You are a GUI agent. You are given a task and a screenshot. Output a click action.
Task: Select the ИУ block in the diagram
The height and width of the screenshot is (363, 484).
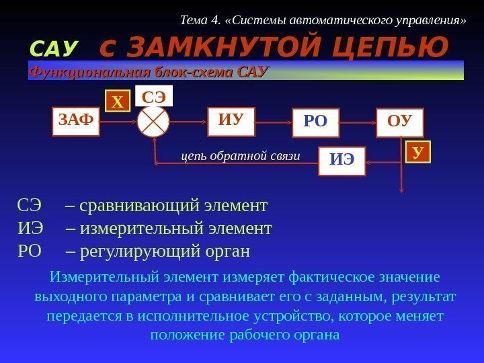pos(229,121)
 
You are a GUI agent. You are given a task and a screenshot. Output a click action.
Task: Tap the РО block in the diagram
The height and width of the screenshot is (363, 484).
pos(315,122)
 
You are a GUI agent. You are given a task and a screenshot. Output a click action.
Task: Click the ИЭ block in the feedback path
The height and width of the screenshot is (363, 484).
pos(341,161)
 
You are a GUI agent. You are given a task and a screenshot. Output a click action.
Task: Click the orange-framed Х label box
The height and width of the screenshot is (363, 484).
pos(118,102)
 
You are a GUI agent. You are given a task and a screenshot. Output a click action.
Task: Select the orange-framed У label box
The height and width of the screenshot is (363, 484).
pos(417,153)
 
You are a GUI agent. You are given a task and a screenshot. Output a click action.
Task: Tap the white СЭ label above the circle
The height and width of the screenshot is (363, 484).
pos(154,96)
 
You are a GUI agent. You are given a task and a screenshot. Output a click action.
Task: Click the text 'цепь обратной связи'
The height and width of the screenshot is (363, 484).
pos(240,157)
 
